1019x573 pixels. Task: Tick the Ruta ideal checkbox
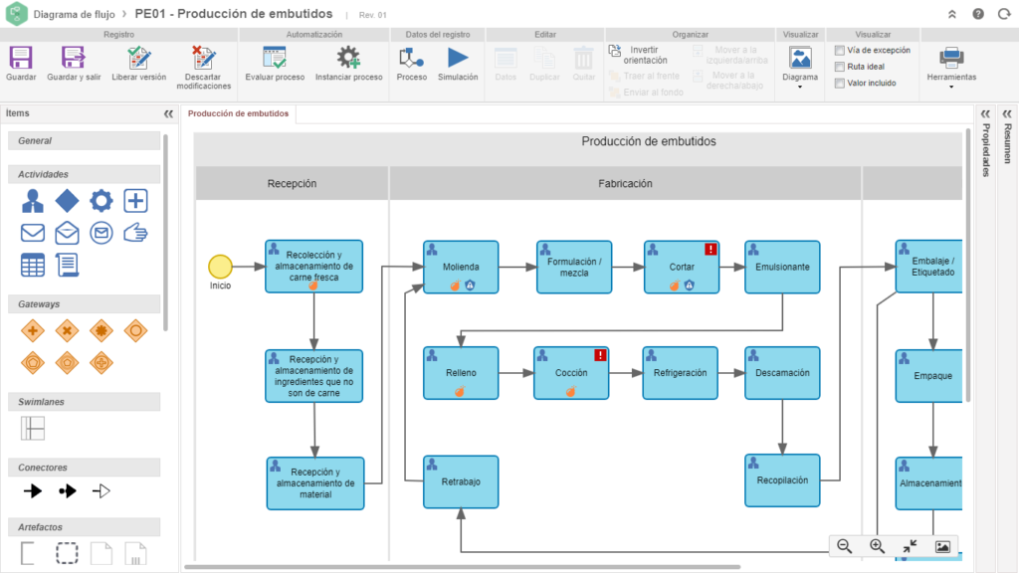[840, 67]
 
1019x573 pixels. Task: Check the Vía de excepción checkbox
[840, 50]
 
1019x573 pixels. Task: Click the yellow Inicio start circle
[220, 267]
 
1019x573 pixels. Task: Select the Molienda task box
[461, 267]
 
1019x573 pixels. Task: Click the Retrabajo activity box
[461, 481]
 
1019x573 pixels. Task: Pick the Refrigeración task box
[680, 373]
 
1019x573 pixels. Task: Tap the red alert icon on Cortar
[711, 249]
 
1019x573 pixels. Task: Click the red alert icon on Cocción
[600, 355]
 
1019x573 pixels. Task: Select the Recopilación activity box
[782, 480]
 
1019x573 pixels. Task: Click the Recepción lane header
[293, 183]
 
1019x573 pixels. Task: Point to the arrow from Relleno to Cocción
[516, 373]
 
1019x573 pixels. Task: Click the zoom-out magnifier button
[844, 546]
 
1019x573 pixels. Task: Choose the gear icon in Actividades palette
[101, 201]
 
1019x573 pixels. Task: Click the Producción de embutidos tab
[238, 113]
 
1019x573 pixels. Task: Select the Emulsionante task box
[782, 267]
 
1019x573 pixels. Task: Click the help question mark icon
[978, 14]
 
